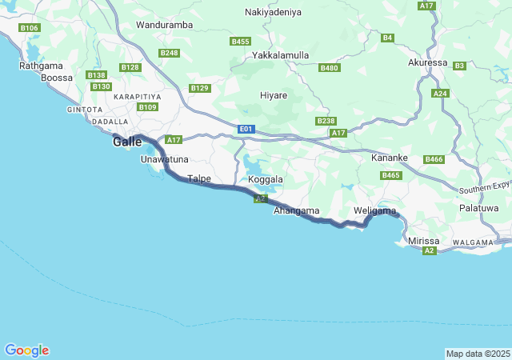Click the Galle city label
128,142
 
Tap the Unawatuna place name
164,159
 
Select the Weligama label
374,211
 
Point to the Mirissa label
424,241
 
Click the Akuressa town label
427,62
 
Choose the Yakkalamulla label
280,55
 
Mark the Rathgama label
40,65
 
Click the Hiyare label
274,95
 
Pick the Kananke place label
390,158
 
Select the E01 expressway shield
246,129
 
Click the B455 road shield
240,41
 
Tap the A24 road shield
440,94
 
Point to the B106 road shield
30,28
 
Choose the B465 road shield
391,175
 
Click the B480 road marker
330,68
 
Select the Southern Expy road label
485,188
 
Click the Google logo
26,350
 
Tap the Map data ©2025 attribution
477,354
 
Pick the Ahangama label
296,211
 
